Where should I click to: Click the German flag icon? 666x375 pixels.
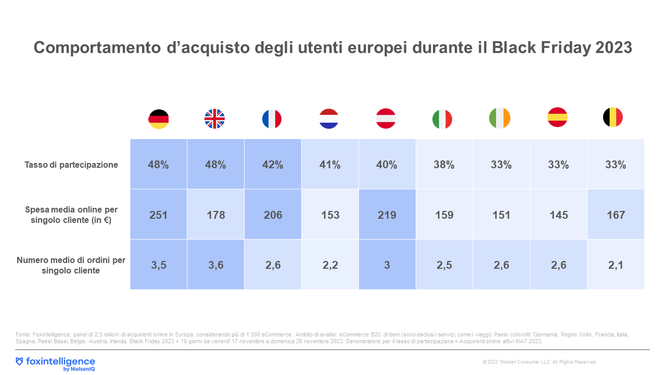pyautogui.click(x=159, y=119)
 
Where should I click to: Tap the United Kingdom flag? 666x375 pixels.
pyautogui.click(x=215, y=119)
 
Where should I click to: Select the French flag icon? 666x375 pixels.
pyautogui.click(x=272, y=119)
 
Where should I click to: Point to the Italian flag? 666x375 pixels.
pyautogui.click(x=442, y=119)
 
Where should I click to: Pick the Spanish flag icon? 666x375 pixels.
pyautogui.click(x=557, y=117)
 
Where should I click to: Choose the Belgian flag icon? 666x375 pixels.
pyautogui.click(x=613, y=117)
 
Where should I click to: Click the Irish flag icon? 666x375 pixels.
pyautogui.click(x=500, y=118)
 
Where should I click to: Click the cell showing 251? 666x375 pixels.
pyautogui.click(x=159, y=215)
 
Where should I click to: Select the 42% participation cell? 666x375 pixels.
pyautogui.click(x=273, y=165)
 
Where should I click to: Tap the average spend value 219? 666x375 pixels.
pyautogui.click(x=387, y=215)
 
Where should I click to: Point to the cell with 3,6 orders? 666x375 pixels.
pyautogui.click(x=215, y=265)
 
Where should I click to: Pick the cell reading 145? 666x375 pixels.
pyautogui.click(x=558, y=215)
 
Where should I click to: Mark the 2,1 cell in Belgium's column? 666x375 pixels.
pyautogui.click(x=616, y=265)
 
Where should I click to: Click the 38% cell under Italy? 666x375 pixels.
pyautogui.click(x=444, y=165)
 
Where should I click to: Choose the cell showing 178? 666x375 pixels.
pyautogui.click(x=215, y=215)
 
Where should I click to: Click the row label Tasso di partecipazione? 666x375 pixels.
pyautogui.click(x=71, y=165)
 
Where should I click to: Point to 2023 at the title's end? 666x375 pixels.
pyautogui.click(x=612, y=47)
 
